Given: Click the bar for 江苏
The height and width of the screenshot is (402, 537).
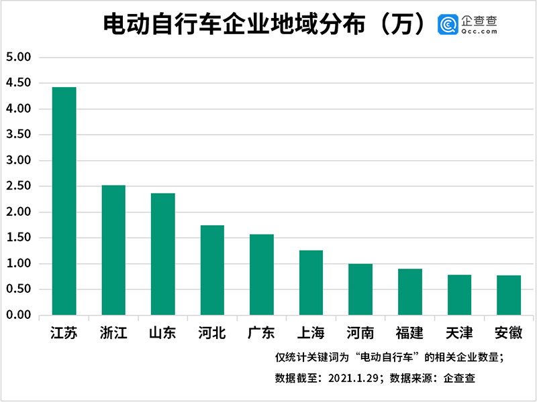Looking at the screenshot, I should (64, 201).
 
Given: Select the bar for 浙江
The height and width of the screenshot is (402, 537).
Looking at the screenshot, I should (113, 250).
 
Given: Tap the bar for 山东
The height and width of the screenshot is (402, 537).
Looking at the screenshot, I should (163, 254).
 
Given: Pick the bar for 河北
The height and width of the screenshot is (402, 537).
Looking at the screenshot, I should (213, 270).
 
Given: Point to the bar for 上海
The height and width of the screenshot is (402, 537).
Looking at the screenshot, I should (311, 283).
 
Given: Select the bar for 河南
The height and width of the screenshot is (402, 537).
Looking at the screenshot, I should (360, 289).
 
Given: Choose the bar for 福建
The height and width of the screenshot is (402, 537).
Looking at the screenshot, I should (410, 292).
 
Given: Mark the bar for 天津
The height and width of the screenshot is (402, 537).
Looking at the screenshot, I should (460, 295).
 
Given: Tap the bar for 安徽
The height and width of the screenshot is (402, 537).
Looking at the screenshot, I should (509, 295).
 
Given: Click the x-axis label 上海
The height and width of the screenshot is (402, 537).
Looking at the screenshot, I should (311, 332).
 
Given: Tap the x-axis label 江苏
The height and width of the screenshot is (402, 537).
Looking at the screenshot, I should (64, 332).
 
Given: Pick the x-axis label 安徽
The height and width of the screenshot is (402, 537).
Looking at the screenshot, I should (509, 332).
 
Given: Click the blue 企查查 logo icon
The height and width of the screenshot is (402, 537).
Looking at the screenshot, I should (448, 25).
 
